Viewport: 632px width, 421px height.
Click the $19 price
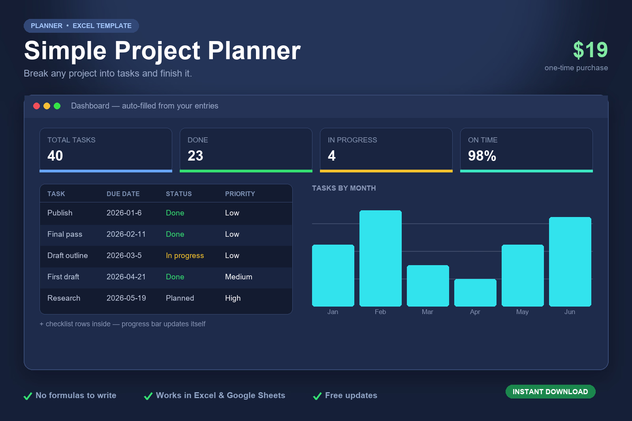tap(590, 50)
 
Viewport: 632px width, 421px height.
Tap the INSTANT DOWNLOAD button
tap(551, 392)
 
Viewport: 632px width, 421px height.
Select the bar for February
tap(380, 258)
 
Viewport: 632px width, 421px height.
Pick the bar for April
tap(475, 292)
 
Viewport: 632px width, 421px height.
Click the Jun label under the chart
tap(570, 312)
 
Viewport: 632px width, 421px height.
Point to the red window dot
tap(36, 106)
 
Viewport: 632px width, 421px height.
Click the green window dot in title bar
tap(57, 106)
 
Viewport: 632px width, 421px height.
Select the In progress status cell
tap(185, 256)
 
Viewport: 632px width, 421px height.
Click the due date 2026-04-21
tap(126, 277)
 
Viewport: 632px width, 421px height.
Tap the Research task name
tap(64, 298)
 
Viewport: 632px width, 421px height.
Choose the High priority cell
tap(233, 298)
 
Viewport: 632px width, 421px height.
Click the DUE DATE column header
tap(123, 194)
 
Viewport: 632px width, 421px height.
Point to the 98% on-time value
tap(482, 156)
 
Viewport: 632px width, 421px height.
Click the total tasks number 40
tap(55, 156)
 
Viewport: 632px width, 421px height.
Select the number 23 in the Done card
tap(195, 156)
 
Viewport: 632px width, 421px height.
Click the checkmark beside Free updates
tap(318, 396)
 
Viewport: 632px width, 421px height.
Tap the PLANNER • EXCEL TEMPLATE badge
tap(81, 26)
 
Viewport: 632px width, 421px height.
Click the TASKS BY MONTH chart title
tap(344, 188)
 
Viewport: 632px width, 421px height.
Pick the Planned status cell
tap(180, 298)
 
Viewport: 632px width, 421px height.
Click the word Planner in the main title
tap(254, 51)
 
